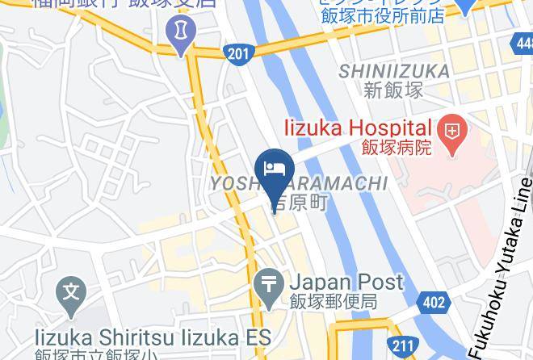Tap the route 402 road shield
coord(433,303)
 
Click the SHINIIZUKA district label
coord(393,71)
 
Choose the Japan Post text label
coord(345,283)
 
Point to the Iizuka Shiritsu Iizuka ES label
coord(153,336)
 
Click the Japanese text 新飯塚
coord(394,90)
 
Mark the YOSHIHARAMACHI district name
coord(299,184)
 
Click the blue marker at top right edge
coord(464,6)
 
